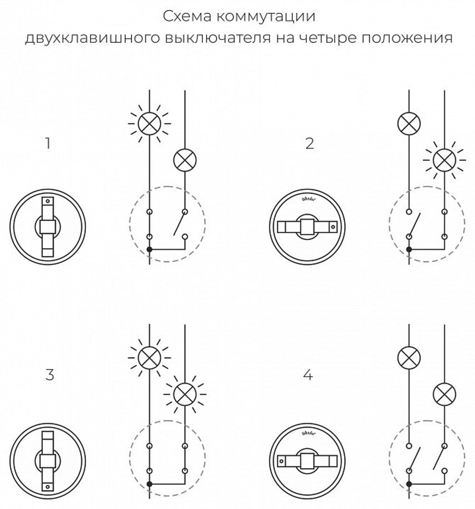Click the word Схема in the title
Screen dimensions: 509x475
coord(187,17)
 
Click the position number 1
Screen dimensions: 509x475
coord(47,143)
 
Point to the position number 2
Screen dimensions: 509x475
coord(310,143)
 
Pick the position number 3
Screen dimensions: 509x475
coord(49,375)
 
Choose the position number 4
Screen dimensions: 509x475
coord(308,375)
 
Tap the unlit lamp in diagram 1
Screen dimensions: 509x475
coord(184,160)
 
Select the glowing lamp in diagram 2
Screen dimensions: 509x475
coord(444,160)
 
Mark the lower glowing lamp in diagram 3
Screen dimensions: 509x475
coord(184,393)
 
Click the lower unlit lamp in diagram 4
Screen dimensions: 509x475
coord(444,393)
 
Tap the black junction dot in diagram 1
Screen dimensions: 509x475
coord(149,249)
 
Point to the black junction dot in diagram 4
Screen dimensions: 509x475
coord(409,482)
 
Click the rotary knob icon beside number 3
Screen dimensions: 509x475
coord(47,458)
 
